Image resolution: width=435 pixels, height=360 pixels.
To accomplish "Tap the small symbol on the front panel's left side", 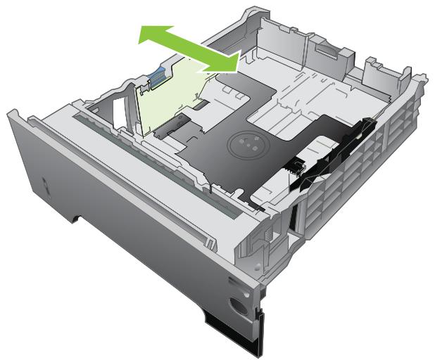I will tap(44, 186).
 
